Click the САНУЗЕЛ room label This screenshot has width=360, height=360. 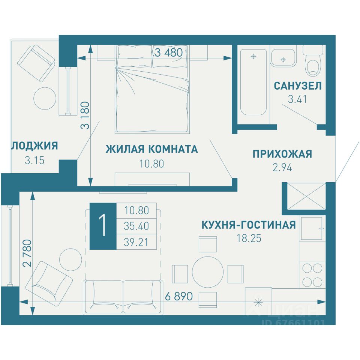pos(297,86)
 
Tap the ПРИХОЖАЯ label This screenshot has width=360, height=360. pos(282,154)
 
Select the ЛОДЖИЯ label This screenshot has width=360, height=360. pos(35,146)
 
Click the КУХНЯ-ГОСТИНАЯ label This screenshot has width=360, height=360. pos(249,225)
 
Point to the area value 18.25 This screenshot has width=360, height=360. pos(249,238)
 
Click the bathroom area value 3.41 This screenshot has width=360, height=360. pos(297,99)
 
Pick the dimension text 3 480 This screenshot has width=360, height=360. pos(168,52)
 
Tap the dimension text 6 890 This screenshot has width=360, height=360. pos(179,296)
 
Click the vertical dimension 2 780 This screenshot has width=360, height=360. pos(27,253)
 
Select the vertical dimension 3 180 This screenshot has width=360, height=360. pos(85,115)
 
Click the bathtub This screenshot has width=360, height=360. pos(253,82)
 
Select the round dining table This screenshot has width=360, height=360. pos(207,272)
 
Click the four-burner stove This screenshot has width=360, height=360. pos(312,275)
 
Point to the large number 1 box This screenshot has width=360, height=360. pos(103,226)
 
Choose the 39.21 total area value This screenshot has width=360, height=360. pos(136,242)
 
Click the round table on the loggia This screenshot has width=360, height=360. pos(45,99)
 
